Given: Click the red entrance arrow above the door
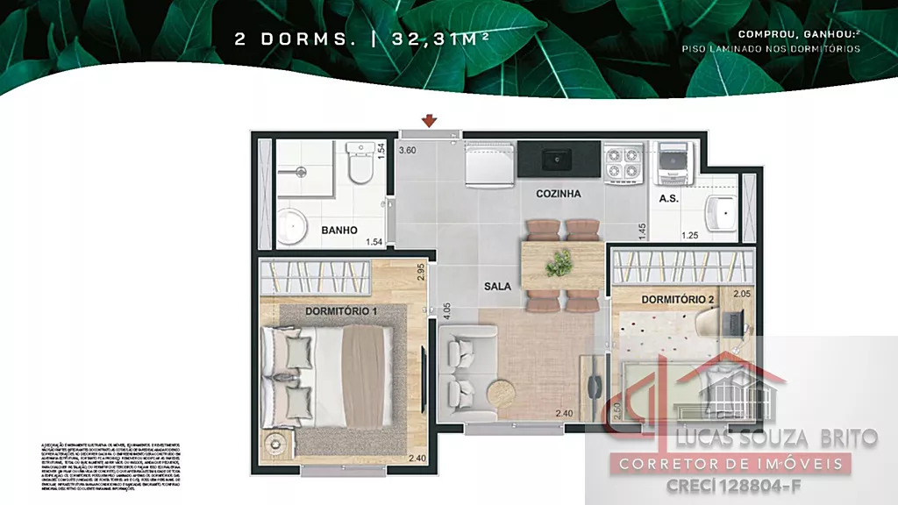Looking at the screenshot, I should point(430,120).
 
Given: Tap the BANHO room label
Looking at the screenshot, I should point(339,231).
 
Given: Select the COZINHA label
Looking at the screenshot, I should point(559,194).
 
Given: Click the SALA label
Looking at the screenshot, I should point(499,286).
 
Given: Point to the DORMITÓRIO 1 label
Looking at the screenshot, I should point(341,311).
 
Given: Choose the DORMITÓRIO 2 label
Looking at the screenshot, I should point(678,300).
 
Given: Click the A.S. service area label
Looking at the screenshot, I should point(668,199).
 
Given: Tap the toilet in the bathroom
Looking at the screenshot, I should point(360,163).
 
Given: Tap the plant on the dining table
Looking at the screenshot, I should point(559,261).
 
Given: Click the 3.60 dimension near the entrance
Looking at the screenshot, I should point(407,150).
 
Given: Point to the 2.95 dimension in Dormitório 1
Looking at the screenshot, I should point(421,271).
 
